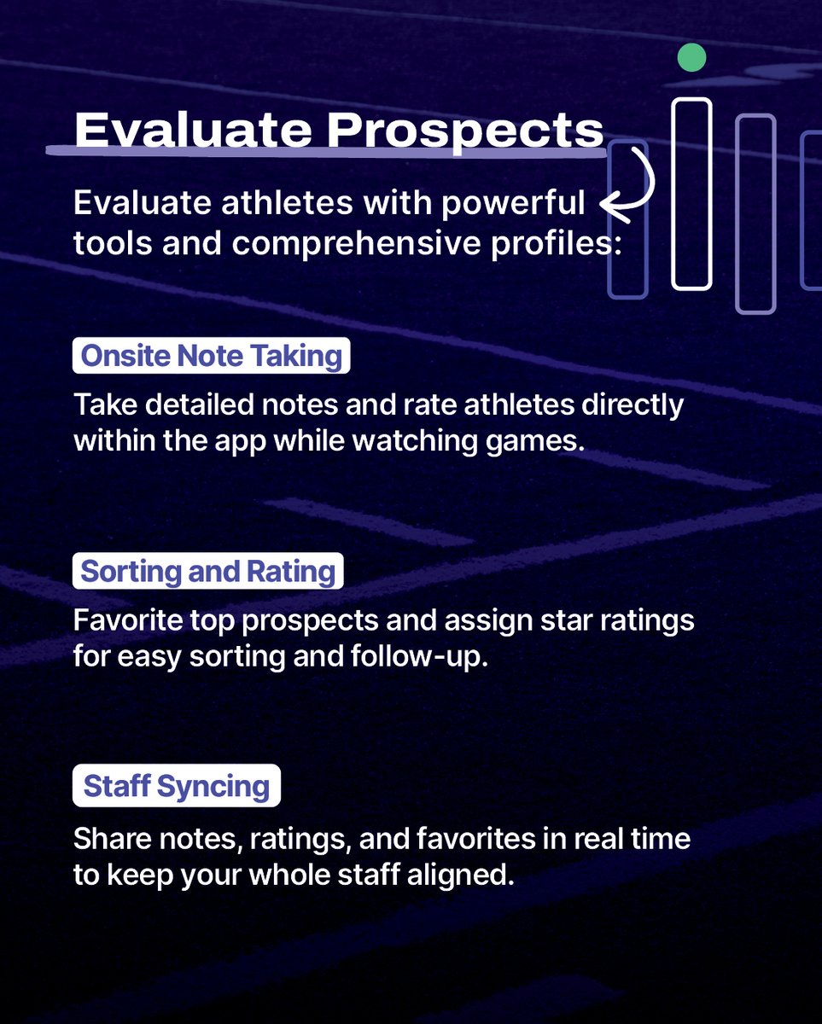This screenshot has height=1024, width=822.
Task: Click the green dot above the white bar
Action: pos(691,58)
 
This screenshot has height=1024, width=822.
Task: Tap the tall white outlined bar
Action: pos(691,194)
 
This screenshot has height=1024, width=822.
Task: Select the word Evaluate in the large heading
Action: pos(193,131)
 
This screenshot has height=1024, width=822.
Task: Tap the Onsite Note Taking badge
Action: pos(212,356)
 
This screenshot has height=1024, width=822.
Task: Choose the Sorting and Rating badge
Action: pos(207,571)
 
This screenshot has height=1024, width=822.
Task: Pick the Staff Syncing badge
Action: pos(176,786)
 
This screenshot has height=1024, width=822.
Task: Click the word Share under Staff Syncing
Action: pos(102,838)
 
